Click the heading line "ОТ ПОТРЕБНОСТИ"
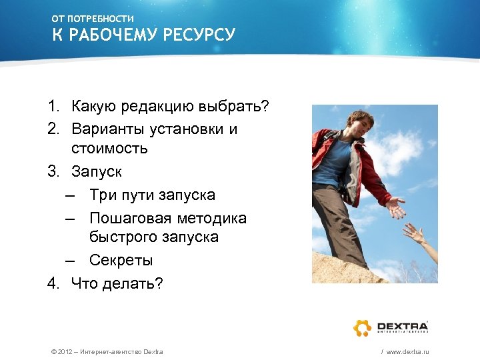point(93,19)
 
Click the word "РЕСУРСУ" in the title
point(199,35)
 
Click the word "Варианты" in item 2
point(107,129)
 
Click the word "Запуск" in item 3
point(97,171)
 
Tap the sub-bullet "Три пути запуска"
point(152,195)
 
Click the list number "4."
point(54,283)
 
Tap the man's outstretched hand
point(396,207)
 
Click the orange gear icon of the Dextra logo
point(362,327)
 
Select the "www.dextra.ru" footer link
point(407,351)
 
